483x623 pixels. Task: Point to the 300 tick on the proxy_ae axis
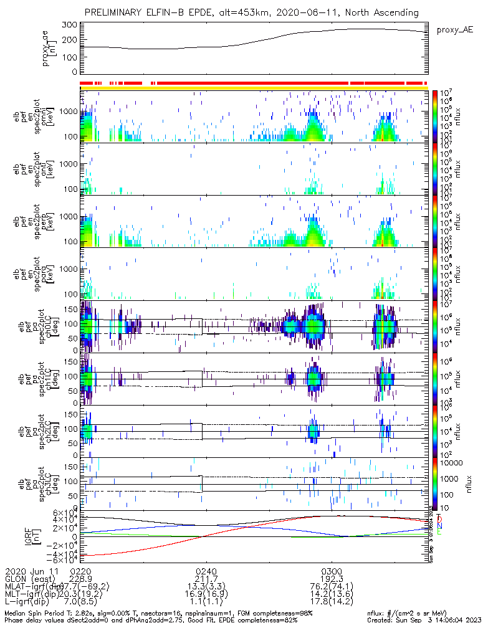(69, 25)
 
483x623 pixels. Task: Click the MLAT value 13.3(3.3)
(206, 586)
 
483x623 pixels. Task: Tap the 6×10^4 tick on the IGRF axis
(65, 512)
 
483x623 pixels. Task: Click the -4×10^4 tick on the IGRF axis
(62, 554)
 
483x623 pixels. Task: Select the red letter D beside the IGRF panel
(439, 519)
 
